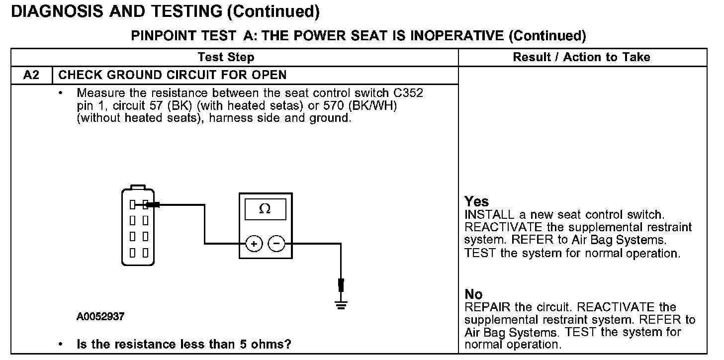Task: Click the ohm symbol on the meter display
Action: coord(265,209)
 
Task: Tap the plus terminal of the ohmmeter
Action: coord(254,244)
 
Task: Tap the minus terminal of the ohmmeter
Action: coord(276,244)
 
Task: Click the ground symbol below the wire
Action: coord(341,305)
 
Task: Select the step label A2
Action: coord(31,75)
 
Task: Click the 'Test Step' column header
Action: coord(226,57)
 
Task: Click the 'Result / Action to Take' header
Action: coord(581,57)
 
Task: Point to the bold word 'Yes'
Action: coord(476,201)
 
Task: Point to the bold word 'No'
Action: coord(473,294)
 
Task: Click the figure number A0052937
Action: coord(100,316)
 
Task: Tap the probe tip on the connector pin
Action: coord(152,204)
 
